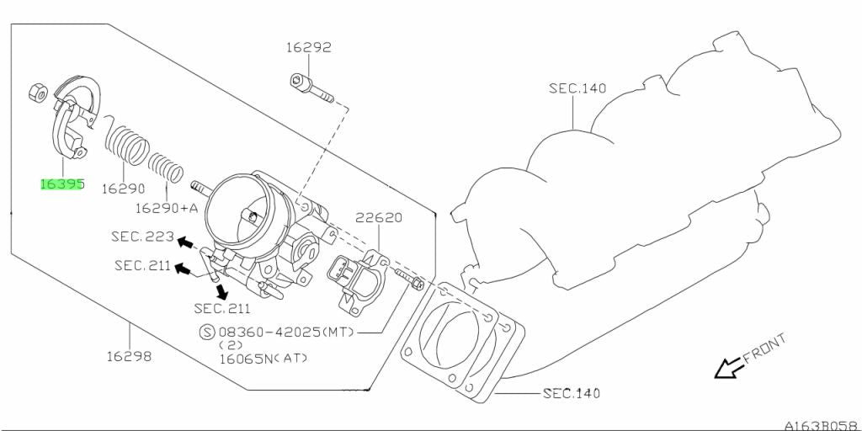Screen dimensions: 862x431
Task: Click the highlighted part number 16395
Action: (61, 184)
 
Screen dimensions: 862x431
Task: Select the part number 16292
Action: (308, 47)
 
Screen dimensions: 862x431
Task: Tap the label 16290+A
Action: (167, 209)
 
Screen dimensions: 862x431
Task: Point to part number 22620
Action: (378, 218)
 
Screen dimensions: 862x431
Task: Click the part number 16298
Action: (129, 356)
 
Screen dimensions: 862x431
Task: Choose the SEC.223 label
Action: (142, 237)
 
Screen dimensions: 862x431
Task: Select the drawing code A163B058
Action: (822, 425)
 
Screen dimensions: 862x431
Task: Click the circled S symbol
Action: (207, 332)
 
